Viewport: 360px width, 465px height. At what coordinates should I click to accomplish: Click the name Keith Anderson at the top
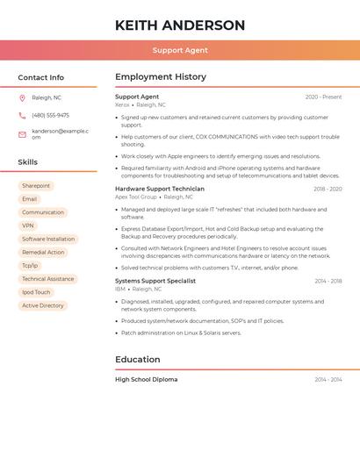click(x=180, y=25)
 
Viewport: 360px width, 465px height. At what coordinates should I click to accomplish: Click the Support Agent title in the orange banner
click(x=180, y=50)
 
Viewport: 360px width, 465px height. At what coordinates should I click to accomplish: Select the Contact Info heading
click(x=41, y=77)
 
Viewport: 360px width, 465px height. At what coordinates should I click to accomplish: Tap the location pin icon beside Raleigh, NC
click(x=22, y=97)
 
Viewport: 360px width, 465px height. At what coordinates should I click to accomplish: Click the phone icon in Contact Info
click(x=22, y=115)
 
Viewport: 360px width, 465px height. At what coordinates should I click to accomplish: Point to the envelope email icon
click(x=22, y=134)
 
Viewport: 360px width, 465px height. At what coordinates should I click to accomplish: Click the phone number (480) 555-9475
click(x=50, y=115)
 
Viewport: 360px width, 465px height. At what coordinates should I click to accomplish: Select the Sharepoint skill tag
click(x=36, y=186)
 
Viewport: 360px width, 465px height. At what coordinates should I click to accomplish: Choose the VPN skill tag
click(x=28, y=225)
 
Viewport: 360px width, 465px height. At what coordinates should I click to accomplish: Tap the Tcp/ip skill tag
click(x=30, y=265)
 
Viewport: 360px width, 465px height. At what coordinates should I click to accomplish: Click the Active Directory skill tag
click(x=43, y=305)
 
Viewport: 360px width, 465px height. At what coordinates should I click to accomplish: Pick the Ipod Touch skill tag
click(x=36, y=292)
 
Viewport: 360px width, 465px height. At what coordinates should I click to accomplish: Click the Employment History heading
click(x=161, y=77)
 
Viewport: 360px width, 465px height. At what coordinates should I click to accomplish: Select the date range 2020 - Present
click(x=323, y=97)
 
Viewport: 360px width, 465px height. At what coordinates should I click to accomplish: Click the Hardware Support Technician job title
click(x=160, y=189)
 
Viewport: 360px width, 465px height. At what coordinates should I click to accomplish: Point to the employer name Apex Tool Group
click(x=136, y=197)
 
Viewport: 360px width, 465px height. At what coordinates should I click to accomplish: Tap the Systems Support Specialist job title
click(x=155, y=281)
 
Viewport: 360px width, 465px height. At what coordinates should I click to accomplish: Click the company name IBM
click(x=120, y=289)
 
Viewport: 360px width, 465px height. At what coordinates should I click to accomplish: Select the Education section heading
click(x=138, y=360)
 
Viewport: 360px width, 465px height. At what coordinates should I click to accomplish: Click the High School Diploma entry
click(x=146, y=379)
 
